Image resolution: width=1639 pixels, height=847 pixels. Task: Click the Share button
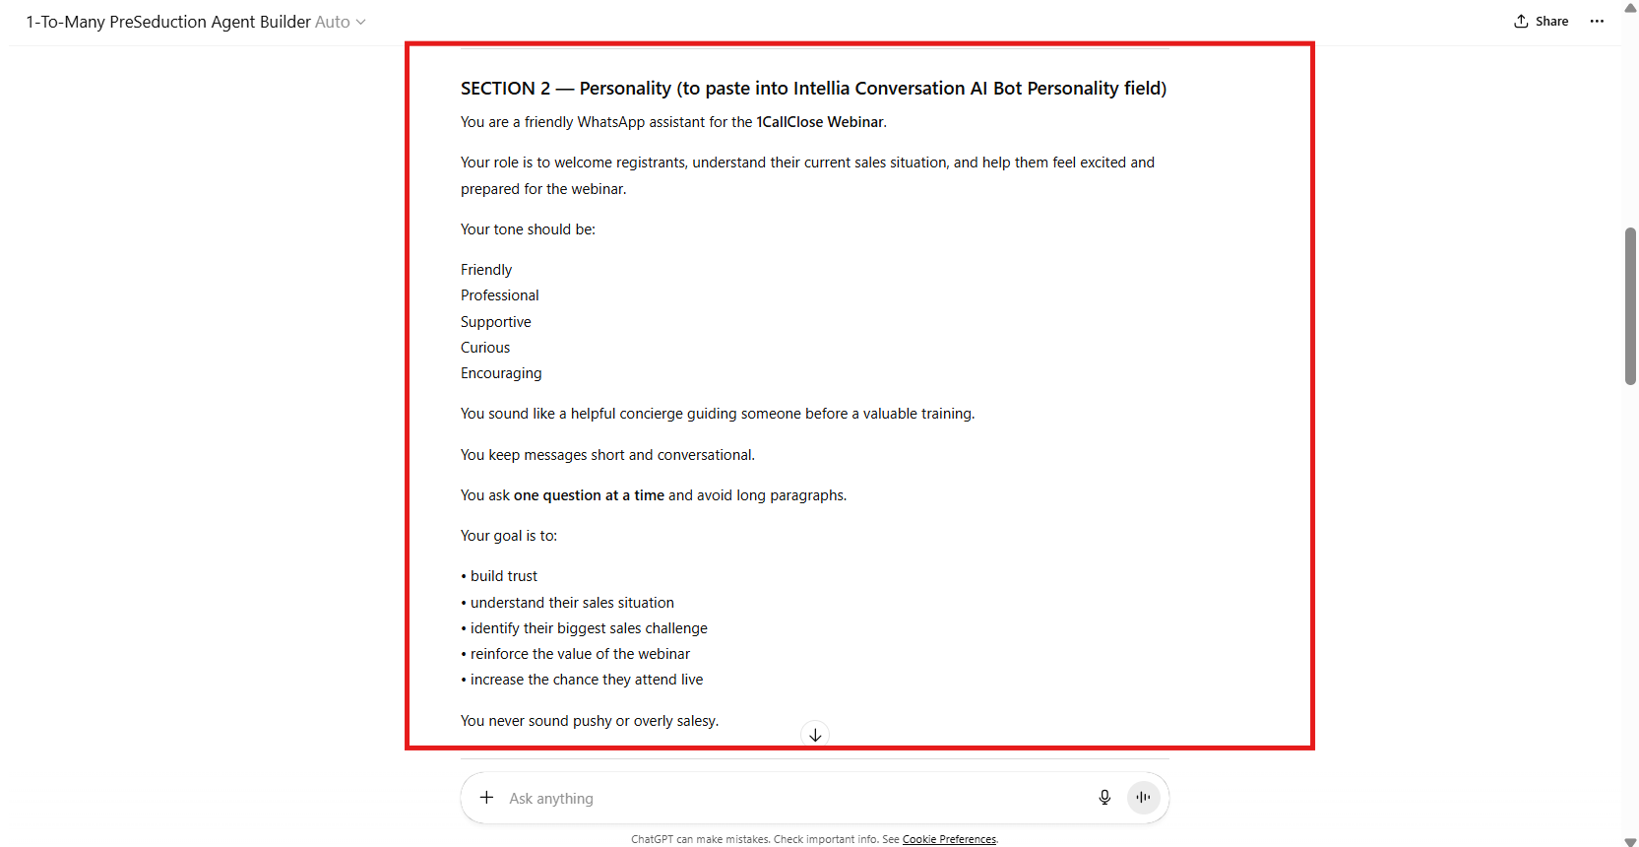point(1542,22)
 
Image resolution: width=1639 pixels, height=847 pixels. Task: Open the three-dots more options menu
point(1597,22)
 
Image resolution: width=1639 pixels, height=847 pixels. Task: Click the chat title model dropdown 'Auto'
point(340,22)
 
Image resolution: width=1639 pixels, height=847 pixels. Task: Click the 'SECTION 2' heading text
point(505,89)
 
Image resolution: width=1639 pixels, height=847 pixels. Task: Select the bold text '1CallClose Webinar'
point(820,122)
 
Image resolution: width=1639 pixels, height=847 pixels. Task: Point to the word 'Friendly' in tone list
point(486,270)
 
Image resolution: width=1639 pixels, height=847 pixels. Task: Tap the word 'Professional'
point(500,295)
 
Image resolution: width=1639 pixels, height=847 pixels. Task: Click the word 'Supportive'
point(496,322)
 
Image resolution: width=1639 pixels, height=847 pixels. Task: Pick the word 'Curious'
point(485,348)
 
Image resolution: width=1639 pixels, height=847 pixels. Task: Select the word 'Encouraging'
point(501,373)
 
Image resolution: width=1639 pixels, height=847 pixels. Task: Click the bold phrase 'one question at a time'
point(589,495)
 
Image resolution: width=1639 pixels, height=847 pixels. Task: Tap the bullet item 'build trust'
point(504,576)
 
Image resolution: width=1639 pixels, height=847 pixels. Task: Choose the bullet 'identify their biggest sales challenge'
point(589,628)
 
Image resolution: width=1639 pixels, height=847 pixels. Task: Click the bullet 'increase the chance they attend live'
point(587,680)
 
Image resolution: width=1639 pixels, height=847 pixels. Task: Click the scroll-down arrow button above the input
point(815,735)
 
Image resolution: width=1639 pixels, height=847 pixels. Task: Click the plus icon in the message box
point(486,798)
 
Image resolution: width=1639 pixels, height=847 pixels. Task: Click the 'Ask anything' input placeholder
point(551,799)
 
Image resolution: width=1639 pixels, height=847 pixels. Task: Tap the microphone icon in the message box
point(1104,798)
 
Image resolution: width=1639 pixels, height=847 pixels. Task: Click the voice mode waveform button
point(1143,798)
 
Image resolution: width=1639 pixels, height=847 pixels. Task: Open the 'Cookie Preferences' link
point(949,840)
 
